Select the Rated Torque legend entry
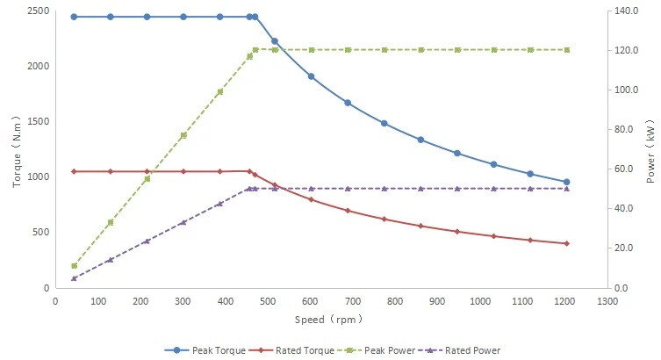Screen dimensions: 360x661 [x=298, y=350]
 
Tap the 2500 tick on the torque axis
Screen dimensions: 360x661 [x=38, y=11]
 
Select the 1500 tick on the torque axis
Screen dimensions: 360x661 [x=38, y=122]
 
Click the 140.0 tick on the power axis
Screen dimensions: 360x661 [x=624, y=11]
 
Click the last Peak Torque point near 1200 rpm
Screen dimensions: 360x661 [x=566, y=182]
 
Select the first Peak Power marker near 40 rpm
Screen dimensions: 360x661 [x=74, y=265]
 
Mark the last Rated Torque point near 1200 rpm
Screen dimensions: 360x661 [x=566, y=243]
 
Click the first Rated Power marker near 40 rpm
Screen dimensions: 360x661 [x=74, y=278]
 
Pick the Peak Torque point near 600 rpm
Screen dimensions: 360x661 [x=311, y=76]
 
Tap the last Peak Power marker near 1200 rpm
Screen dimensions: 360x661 [x=566, y=50]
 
